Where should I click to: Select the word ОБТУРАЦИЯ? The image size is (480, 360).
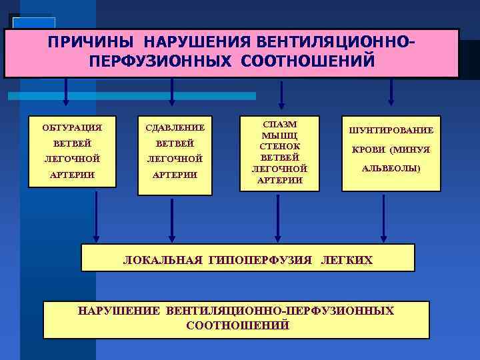coord(67,127)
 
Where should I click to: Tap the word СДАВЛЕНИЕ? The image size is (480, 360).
coord(175,127)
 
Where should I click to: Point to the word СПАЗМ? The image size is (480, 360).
coord(280,124)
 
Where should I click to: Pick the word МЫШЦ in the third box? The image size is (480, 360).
coord(280,135)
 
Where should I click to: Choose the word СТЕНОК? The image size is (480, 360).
coord(280,146)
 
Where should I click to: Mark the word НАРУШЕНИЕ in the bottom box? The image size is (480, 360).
coord(119,311)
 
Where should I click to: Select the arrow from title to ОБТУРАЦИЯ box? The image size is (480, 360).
coord(65,93)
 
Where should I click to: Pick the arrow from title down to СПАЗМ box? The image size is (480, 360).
coord(282,93)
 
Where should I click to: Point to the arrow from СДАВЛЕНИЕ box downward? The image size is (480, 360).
coord(173,220)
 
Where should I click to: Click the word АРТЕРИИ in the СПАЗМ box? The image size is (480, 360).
coord(280,180)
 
